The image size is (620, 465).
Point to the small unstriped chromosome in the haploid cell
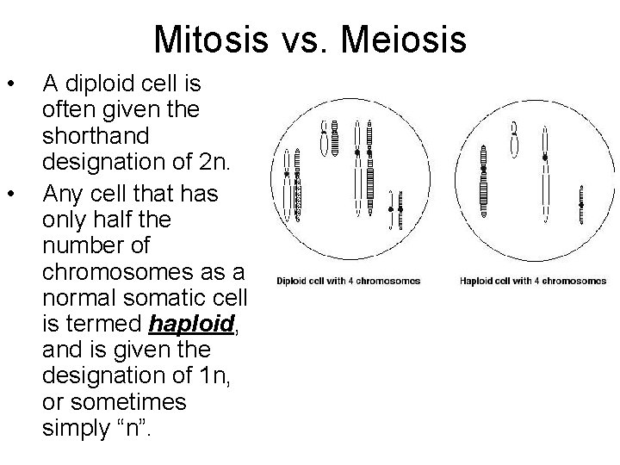click(514, 138)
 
